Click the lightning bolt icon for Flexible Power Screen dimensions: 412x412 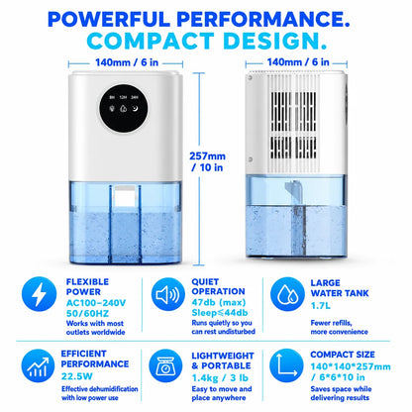[39, 294]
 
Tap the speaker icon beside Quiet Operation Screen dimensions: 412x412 [168, 294]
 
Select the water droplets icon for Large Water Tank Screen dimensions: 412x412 [287, 294]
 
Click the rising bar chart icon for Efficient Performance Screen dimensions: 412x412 [38, 365]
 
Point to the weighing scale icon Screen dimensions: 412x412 [165, 365]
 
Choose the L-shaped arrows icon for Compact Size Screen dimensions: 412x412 [286, 365]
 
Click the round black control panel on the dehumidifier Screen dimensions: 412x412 [124, 108]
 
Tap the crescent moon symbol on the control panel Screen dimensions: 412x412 [135, 108]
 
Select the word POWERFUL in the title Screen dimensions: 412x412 [109, 19]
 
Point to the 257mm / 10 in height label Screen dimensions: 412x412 [208, 161]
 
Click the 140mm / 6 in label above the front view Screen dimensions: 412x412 [127, 62]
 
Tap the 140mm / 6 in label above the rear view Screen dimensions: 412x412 [298, 62]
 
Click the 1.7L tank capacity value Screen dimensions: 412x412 [320, 306]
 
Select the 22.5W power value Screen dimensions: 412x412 [77, 376]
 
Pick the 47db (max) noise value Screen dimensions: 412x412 [219, 302]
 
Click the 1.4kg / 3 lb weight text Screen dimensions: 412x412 [220, 377]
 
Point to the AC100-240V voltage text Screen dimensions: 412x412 [96, 303]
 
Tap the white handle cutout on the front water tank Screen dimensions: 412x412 [124, 196]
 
